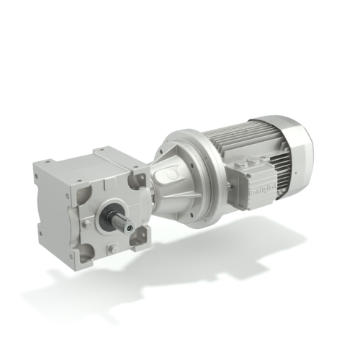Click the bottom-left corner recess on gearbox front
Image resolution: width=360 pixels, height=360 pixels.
coord(86,253)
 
